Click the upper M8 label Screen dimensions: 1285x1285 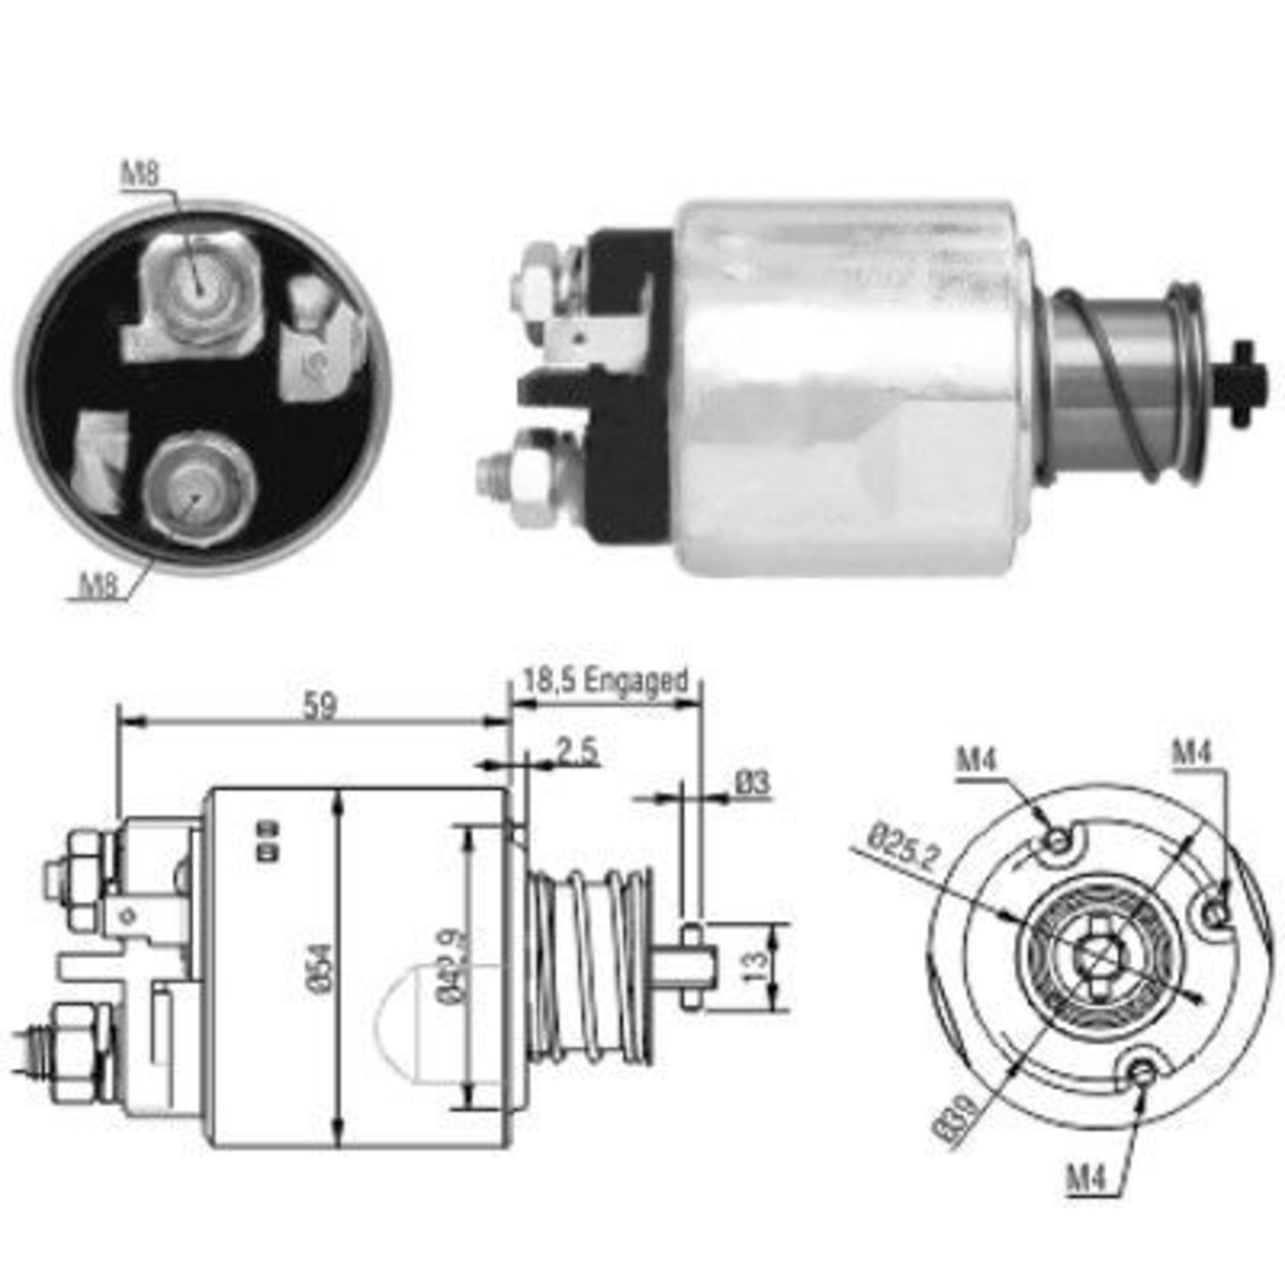tap(140, 175)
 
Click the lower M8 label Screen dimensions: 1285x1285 tap(98, 585)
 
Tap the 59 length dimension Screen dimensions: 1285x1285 tap(320, 705)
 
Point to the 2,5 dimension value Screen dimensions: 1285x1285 tap(577, 753)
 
